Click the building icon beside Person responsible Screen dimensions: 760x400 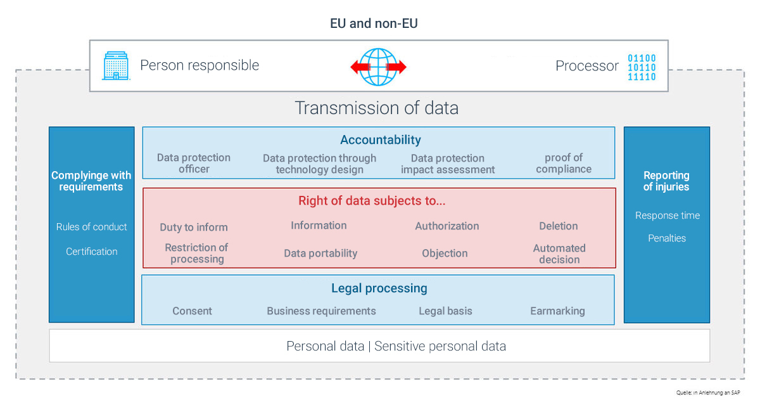pos(116,65)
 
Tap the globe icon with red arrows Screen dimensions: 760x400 pos(378,67)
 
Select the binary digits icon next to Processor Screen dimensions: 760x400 pos(642,67)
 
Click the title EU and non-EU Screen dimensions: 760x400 pos(374,23)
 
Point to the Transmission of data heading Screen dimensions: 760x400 pos(377,108)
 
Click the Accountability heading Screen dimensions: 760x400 pos(381,139)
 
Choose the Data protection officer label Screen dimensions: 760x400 pos(194,164)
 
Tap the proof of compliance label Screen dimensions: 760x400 pos(564,164)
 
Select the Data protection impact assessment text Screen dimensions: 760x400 pos(448,164)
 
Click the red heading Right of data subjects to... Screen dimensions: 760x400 pos(372,201)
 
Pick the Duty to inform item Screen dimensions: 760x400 pos(194,227)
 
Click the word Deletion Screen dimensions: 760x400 pos(559,226)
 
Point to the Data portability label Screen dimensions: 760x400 pos(320,254)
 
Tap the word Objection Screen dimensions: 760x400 pos(445,254)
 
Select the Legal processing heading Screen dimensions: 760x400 pos(379,288)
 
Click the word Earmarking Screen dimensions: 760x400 pos(557,311)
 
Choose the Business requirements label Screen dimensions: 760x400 pos(321,311)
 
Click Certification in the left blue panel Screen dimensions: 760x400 pos(92,251)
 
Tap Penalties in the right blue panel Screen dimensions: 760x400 pos(667,238)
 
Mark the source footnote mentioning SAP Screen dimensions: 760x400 pos(708,392)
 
